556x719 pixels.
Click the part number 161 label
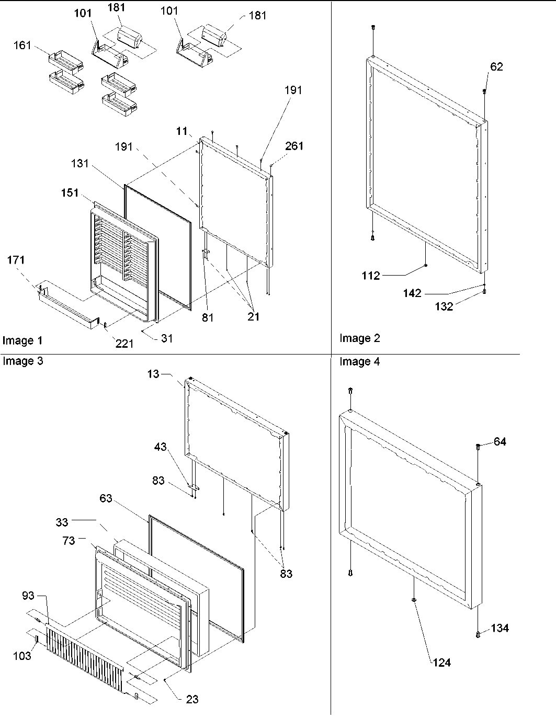22,47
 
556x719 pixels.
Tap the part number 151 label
70,193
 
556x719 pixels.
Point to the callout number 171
16,260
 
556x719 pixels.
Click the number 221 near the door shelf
124,344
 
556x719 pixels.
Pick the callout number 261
294,146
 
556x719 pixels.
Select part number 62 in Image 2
496,66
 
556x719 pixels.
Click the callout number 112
371,276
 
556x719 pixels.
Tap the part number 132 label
444,307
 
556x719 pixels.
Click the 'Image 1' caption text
22,341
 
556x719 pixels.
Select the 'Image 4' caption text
359,361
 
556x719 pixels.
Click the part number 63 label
106,498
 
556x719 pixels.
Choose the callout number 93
29,596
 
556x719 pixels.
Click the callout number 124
441,663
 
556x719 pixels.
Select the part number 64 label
500,442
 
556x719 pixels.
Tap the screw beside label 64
478,447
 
